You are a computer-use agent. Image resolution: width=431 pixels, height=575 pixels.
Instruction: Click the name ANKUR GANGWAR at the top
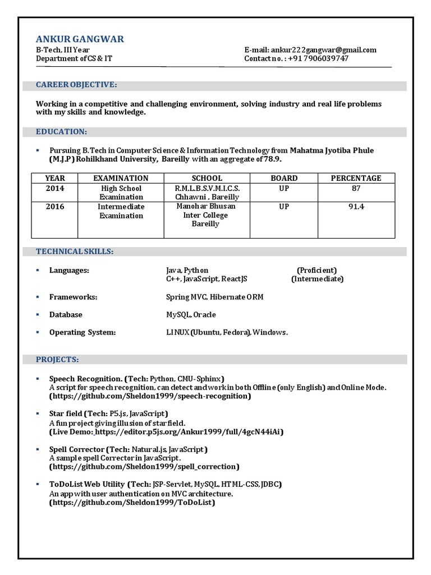80,39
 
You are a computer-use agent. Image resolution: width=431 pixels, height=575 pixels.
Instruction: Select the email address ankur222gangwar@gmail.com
324,50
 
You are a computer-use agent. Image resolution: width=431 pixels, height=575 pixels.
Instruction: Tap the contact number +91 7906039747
318,58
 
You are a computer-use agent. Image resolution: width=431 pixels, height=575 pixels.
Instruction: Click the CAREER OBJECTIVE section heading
76,85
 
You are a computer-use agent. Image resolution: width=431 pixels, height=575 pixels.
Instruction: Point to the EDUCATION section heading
61,131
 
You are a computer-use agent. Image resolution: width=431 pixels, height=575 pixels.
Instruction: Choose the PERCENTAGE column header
356,178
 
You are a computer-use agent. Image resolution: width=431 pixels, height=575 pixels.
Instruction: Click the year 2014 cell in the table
55,189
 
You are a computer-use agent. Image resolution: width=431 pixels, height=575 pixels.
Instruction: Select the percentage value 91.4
356,207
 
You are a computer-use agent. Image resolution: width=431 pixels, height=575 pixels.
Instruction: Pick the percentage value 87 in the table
356,189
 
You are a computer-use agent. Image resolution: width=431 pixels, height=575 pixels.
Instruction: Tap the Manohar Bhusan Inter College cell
206,215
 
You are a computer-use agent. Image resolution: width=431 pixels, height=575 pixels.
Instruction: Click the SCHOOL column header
207,178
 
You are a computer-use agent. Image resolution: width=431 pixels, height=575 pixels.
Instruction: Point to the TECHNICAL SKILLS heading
75,252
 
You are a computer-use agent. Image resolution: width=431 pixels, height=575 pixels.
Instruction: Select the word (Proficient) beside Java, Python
317,270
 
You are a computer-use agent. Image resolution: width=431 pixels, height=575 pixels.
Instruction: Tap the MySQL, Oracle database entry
191,315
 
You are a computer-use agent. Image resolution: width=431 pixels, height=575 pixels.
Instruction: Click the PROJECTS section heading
57,359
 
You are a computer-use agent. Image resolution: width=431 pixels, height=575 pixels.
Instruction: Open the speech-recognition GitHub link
150,396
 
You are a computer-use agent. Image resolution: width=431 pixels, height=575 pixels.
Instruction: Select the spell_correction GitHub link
144,467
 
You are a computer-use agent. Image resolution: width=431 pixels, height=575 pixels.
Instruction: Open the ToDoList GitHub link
132,503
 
